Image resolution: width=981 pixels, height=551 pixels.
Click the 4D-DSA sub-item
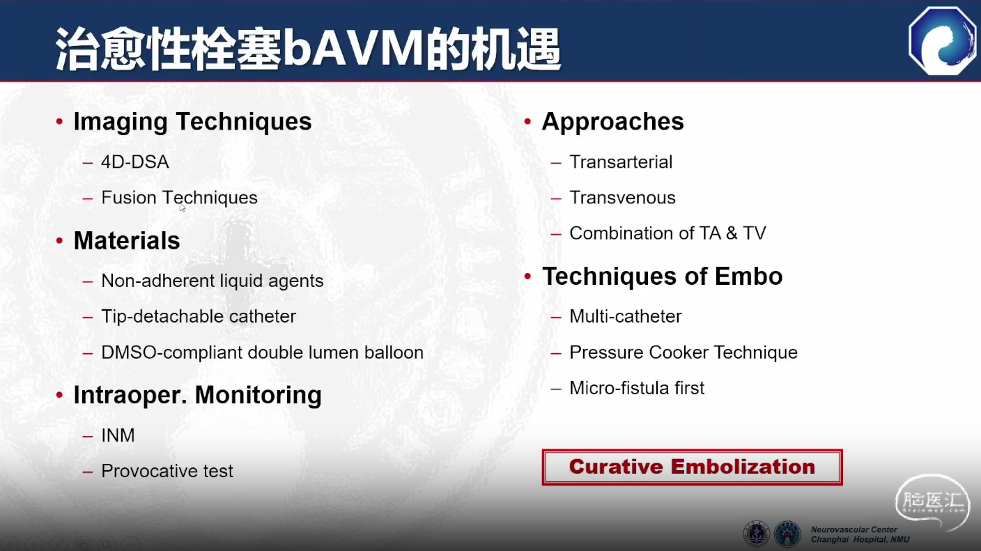click(x=135, y=162)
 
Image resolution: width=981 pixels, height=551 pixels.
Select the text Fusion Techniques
click(x=179, y=198)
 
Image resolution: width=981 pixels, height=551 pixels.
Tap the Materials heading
click(x=127, y=240)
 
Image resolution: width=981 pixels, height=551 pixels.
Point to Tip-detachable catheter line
click(x=199, y=316)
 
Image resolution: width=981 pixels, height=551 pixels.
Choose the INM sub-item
click(x=118, y=435)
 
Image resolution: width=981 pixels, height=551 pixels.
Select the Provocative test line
click(x=167, y=472)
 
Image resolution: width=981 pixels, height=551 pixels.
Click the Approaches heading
click(x=612, y=122)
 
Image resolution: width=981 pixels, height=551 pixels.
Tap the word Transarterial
click(x=621, y=162)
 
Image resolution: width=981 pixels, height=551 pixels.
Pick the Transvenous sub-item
click(x=622, y=198)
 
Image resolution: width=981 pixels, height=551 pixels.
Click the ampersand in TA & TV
click(x=732, y=233)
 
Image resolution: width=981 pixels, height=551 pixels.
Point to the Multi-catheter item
click(x=626, y=316)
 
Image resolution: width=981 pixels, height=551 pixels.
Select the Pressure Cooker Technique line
click(x=683, y=352)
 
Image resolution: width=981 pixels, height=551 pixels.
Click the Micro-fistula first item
click(x=637, y=388)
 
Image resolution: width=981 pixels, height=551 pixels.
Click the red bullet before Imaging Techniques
click(x=59, y=121)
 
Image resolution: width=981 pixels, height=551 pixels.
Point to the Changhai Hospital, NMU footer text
click(x=860, y=540)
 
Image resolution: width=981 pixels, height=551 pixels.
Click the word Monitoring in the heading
click(x=258, y=395)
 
